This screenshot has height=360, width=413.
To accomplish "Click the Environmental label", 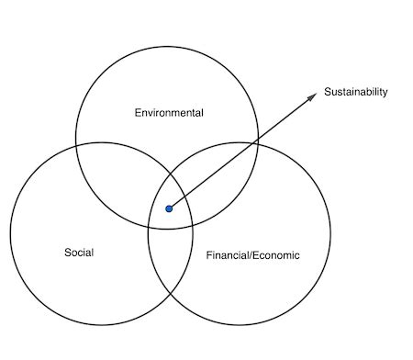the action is pyautogui.click(x=168, y=112).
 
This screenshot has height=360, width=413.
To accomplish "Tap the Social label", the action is pyautogui.click(x=79, y=252).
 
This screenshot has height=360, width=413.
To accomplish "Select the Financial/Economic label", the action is pyautogui.click(x=252, y=253).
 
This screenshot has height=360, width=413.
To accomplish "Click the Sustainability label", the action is pyautogui.click(x=356, y=92).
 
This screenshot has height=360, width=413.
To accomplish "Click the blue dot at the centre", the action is pyautogui.click(x=169, y=209).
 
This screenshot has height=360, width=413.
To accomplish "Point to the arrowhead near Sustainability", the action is pyautogui.click(x=312, y=97).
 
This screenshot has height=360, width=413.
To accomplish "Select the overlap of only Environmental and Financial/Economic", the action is pyautogui.click(x=220, y=174).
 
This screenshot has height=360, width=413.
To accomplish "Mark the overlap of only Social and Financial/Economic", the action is pyautogui.click(x=170, y=266).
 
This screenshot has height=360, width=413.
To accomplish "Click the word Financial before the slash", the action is pyautogui.click(x=227, y=253).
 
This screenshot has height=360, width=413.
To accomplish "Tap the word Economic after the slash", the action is pyautogui.click(x=276, y=253).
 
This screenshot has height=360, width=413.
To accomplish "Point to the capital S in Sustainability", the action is pyautogui.click(x=328, y=92).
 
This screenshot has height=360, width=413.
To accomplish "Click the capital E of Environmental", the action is pyautogui.click(x=138, y=112).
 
